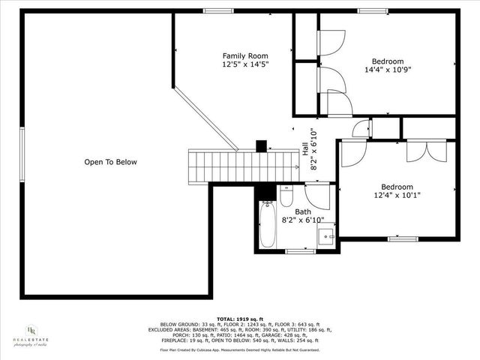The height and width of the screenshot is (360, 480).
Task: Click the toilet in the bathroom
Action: point(286,196)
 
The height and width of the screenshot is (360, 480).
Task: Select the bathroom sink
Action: point(327,238)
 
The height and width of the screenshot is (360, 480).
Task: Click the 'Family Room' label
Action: point(245,56)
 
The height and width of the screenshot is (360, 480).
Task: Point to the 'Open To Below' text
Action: point(110,162)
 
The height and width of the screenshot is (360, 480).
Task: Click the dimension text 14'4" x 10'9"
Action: point(388,70)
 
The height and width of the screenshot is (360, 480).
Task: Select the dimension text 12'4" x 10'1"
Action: point(397,195)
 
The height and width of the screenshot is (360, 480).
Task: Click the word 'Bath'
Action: point(302,211)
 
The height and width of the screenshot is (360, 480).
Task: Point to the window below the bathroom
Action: point(300,252)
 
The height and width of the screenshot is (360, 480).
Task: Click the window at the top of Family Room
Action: point(217,10)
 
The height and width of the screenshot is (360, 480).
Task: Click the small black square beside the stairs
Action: point(262,146)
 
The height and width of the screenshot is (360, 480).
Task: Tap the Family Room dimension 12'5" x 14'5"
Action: point(245,65)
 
